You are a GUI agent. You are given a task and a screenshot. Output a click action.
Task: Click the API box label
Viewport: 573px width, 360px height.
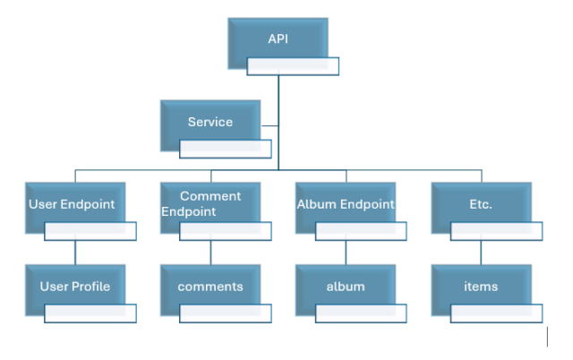pos(278,39)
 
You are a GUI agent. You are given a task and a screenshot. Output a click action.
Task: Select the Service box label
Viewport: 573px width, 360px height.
pos(210,122)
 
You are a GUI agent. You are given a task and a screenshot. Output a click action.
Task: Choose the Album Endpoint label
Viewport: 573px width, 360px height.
pos(346,204)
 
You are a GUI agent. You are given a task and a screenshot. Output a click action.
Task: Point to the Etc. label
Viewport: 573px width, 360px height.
pos(480,204)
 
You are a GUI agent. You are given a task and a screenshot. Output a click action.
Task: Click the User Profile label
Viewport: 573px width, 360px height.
pos(74,287)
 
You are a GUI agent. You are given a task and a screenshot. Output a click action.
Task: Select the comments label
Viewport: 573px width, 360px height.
pos(210,287)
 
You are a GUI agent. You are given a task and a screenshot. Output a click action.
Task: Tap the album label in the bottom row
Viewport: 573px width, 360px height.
pos(345,287)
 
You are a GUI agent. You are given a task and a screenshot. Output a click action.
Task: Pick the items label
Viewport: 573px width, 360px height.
pos(480,287)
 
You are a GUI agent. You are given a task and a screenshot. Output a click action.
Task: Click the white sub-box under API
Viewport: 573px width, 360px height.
pos(293,66)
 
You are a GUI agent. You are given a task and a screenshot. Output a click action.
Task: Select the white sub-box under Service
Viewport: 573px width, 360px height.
pos(225,149)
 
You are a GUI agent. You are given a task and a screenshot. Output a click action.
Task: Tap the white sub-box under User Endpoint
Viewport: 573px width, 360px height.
pos(90,232)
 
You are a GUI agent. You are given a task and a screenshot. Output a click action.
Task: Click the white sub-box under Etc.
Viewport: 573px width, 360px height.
pos(495,232)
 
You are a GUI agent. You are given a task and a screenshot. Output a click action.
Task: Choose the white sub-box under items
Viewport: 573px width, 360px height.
pos(495,313)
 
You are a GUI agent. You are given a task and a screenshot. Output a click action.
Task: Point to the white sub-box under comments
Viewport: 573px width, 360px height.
pos(225,313)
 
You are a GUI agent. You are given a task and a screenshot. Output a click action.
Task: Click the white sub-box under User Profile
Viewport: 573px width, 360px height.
pos(90,313)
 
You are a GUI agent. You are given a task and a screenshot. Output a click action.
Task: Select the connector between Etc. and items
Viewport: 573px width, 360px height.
pos(481,253)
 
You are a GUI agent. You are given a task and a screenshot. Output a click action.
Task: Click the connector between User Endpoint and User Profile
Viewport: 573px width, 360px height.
pos(75,253)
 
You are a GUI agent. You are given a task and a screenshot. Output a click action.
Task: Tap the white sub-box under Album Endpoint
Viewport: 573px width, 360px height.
pos(360,232)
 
